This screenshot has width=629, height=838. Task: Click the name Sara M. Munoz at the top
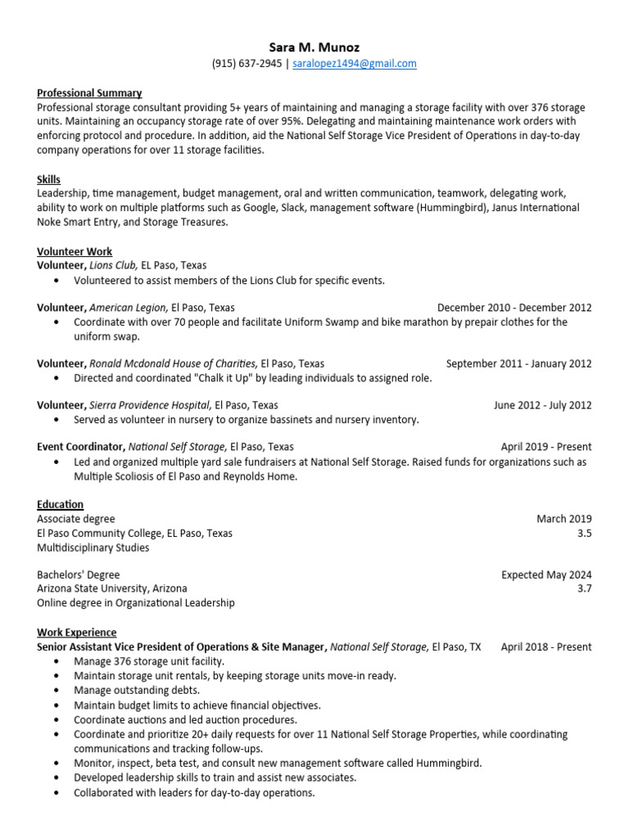click(x=314, y=47)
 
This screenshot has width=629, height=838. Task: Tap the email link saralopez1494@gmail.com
click(x=355, y=64)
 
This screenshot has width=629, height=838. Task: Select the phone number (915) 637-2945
click(x=247, y=64)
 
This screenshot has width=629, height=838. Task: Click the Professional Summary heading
click(x=89, y=93)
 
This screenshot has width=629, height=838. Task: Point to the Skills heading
click(x=48, y=179)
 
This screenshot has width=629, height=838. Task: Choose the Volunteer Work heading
click(x=75, y=251)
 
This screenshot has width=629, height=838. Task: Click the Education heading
click(x=60, y=504)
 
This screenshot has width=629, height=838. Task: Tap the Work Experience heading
click(x=77, y=633)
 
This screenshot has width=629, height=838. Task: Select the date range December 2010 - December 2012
click(x=514, y=308)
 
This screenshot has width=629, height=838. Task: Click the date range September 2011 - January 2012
click(x=518, y=363)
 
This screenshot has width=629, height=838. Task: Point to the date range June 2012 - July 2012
click(x=542, y=405)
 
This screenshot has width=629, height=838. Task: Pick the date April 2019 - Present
click(x=546, y=447)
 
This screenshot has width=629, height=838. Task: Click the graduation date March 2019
click(x=563, y=519)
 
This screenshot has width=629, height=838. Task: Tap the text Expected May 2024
click(x=546, y=574)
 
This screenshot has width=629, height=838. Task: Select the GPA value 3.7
click(x=584, y=588)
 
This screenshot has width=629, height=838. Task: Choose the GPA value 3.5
click(x=584, y=533)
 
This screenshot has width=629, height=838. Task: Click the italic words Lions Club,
click(x=114, y=265)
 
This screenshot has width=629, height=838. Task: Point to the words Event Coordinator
click(x=80, y=447)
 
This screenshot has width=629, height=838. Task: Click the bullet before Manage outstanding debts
click(x=56, y=691)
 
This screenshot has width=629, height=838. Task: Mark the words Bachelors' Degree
click(x=78, y=574)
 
